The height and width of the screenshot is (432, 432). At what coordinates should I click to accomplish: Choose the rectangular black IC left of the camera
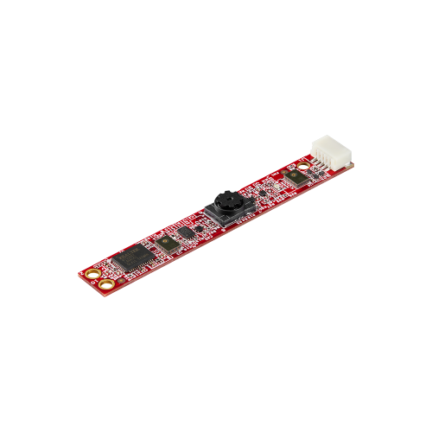185,232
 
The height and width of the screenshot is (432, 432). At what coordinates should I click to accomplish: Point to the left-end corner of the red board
79,276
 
